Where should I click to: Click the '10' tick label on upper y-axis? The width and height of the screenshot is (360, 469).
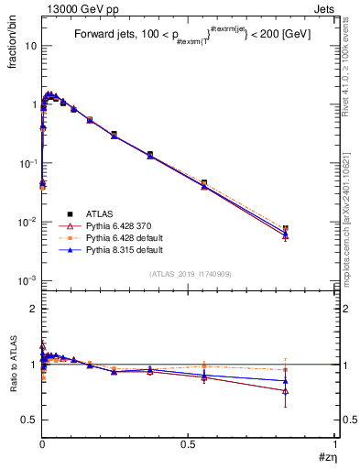[x=29, y=45]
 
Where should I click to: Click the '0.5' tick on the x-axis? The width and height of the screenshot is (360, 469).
[x=188, y=443]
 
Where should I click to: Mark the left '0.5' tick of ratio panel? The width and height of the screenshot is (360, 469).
[x=29, y=420]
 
